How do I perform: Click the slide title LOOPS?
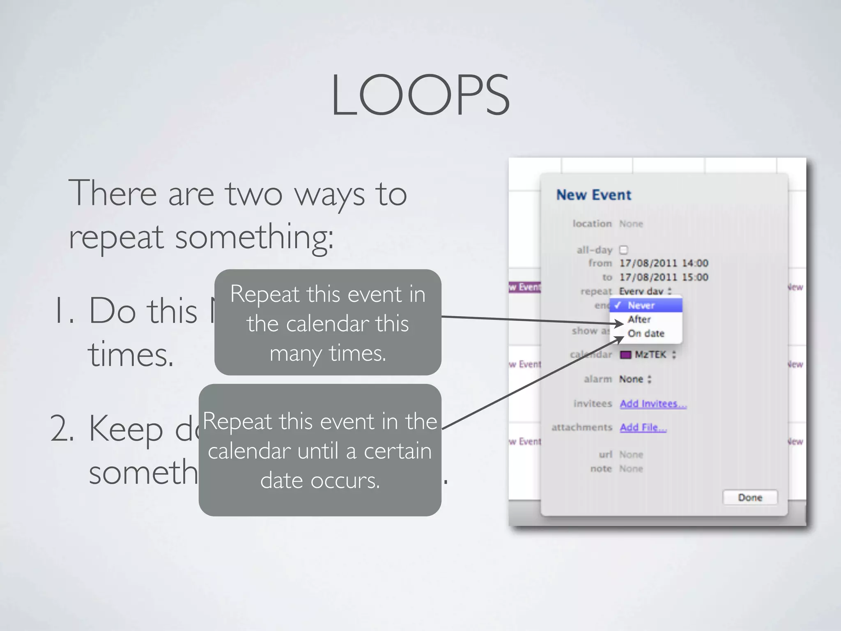(420, 95)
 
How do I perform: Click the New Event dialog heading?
(593, 195)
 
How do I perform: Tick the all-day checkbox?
(623, 250)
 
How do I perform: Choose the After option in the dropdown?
(639, 319)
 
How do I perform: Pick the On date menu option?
(646, 333)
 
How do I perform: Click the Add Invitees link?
(653, 404)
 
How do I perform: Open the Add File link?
(643, 428)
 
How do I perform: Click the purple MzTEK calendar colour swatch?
(625, 355)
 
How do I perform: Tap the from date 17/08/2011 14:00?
(664, 263)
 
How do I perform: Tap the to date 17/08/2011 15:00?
(664, 277)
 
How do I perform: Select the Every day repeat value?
(641, 291)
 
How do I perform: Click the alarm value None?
(631, 379)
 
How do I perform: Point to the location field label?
(592, 223)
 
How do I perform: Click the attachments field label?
(581, 428)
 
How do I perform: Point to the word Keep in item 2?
(126, 430)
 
